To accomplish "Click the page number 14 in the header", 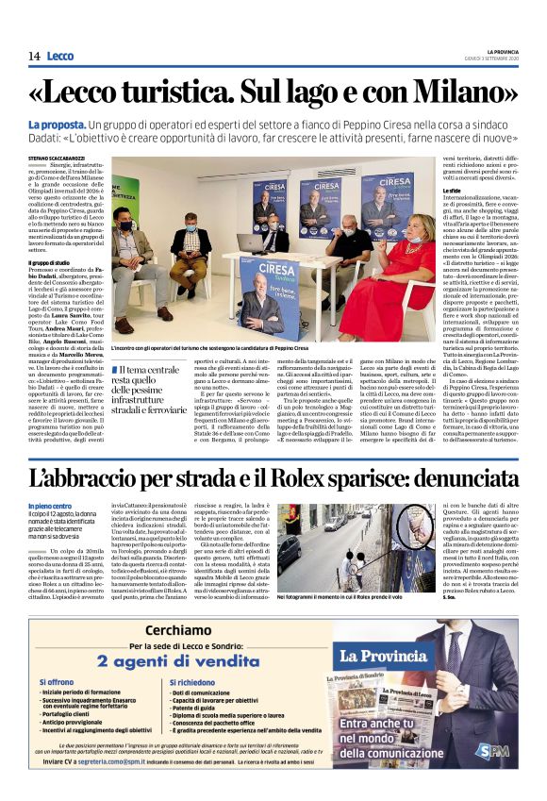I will coord(33,57).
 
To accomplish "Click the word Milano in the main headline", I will coord(436,92).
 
